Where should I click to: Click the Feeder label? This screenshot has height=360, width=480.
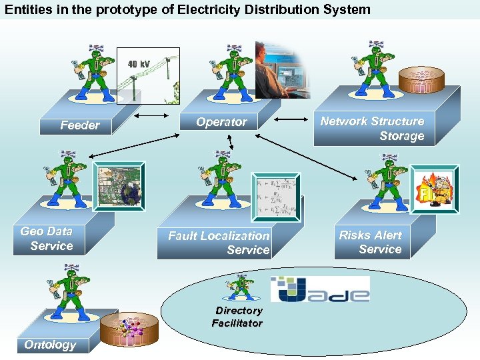pyautogui.click(x=79, y=125)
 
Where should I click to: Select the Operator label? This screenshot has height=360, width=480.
pyautogui.click(x=221, y=122)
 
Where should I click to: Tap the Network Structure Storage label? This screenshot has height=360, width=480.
pyautogui.click(x=372, y=129)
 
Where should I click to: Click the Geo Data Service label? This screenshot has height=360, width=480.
pyautogui.click(x=47, y=239)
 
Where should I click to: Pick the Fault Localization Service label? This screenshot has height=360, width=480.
pyautogui.click(x=219, y=243)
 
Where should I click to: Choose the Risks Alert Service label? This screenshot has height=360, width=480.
pyautogui.click(x=371, y=242)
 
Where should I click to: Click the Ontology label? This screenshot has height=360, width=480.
pyautogui.click(x=50, y=345)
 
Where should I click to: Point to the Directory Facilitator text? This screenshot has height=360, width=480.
pyautogui.click(x=238, y=317)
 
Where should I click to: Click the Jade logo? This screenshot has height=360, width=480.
pyautogui.click(x=320, y=289)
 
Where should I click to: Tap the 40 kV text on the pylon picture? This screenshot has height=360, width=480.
pyautogui.click(x=139, y=64)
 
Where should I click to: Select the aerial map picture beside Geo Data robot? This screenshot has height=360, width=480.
pyautogui.click(x=118, y=186)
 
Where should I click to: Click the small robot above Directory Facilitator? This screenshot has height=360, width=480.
pyautogui.click(x=238, y=287)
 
